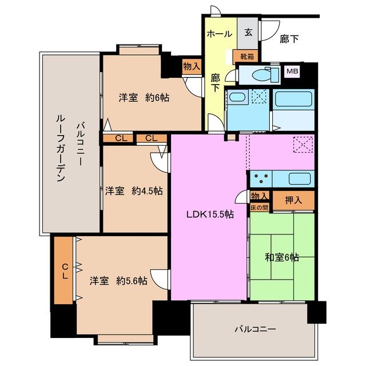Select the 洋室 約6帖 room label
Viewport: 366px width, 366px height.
pos(144,98)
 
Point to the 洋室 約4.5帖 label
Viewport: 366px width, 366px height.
pos(133,191)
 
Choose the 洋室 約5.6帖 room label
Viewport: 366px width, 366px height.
pos(118,281)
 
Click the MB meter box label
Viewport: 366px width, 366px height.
pos(292,71)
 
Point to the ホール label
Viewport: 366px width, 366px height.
pos(220,34)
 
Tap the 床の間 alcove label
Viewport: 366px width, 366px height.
pos(260,206)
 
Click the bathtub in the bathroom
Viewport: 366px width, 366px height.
pos(294,100)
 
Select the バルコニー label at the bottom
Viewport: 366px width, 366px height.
pos(255,329)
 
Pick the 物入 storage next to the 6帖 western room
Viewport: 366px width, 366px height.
pos(192,66)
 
